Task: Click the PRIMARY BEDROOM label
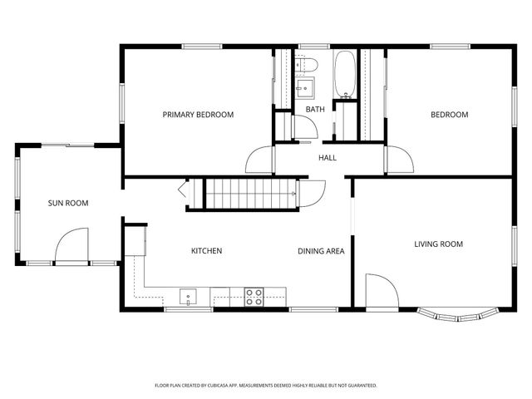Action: (198, 115)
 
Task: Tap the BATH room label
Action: (315, 110)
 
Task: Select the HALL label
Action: (328, 157)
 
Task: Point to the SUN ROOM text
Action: (67, 203)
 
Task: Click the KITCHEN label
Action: (206, 250)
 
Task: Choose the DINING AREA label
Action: (321, 250)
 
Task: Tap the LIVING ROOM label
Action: (438, 244)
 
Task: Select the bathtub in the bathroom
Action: (344, 75)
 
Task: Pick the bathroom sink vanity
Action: (305, 86)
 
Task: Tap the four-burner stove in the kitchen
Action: (254, 296)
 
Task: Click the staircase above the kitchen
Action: (245, 194)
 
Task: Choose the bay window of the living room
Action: (456, 315)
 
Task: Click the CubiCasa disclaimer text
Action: (266, 385)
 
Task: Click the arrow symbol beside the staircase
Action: (184, 190)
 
